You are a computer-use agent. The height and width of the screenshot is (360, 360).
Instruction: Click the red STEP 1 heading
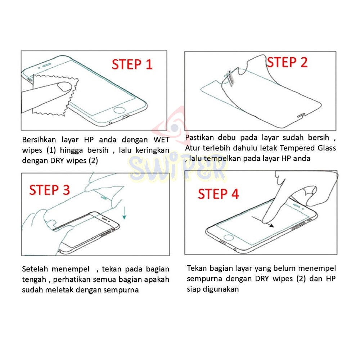pos(132,64)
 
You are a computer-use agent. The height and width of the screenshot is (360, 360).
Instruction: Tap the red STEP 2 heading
pos(287,62)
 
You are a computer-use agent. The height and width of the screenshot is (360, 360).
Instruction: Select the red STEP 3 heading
pos(49,190)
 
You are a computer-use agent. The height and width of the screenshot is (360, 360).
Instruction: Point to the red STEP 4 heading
pos(219,194)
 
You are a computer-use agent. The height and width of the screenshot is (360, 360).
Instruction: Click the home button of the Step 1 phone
pos(120,110)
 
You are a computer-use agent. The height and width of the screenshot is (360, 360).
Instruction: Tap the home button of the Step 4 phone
pos(228,237)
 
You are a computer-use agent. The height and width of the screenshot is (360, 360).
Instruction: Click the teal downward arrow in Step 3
pos(124,213)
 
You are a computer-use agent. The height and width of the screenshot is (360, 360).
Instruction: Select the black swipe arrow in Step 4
pos(263,222)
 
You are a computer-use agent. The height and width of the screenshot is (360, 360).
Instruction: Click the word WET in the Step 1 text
pos(161,140)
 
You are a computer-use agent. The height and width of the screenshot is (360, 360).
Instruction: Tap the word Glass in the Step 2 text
pos(327,148)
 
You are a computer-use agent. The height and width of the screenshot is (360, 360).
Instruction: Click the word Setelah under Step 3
pos(35,269)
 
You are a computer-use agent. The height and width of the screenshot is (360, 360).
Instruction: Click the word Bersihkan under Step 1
pos(39,140)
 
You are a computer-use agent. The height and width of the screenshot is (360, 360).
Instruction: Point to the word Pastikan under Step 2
pos(199,138)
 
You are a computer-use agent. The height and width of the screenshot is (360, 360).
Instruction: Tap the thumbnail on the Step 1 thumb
pos(64,86)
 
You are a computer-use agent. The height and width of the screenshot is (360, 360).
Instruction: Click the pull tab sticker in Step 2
pos(230,77)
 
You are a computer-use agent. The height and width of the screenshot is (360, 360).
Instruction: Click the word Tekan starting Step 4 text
pos(197,268)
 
